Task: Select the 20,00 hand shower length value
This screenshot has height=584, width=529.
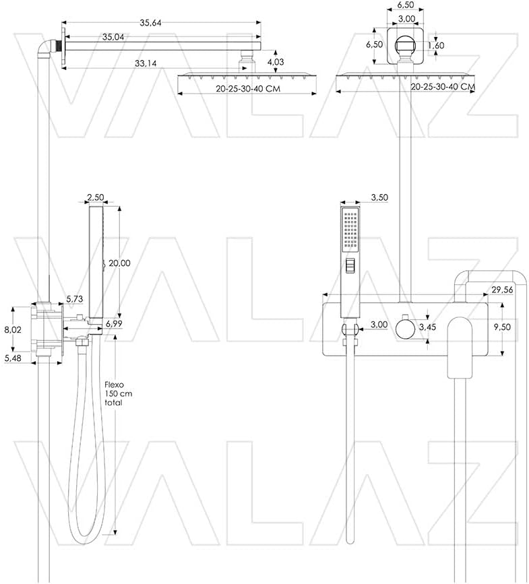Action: (120, 263)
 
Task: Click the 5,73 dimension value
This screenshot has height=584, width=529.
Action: (75, 298)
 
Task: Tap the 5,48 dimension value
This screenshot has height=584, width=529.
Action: (13, 359)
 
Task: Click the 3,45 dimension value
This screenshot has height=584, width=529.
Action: (428, 327)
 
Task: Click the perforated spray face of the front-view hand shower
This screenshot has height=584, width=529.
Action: (350, 229)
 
